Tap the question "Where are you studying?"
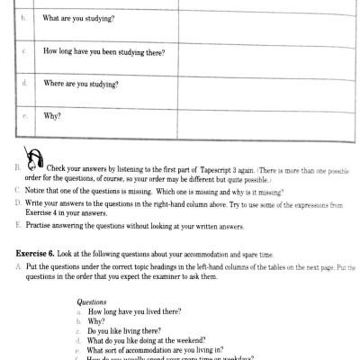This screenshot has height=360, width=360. tap(83, 84)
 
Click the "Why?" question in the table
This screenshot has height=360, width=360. tap(53, 115)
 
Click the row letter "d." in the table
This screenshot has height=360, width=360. tap(24, 84)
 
